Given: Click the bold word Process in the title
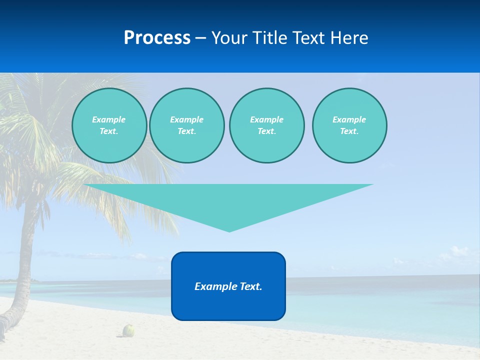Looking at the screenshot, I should coord(157,38).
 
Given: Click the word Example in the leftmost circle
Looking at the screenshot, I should coord(109,119).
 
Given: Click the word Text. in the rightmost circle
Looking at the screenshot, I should coord(349,131).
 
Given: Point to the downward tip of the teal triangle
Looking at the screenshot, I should coord(229,230).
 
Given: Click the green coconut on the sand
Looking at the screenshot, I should coord(129,330).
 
